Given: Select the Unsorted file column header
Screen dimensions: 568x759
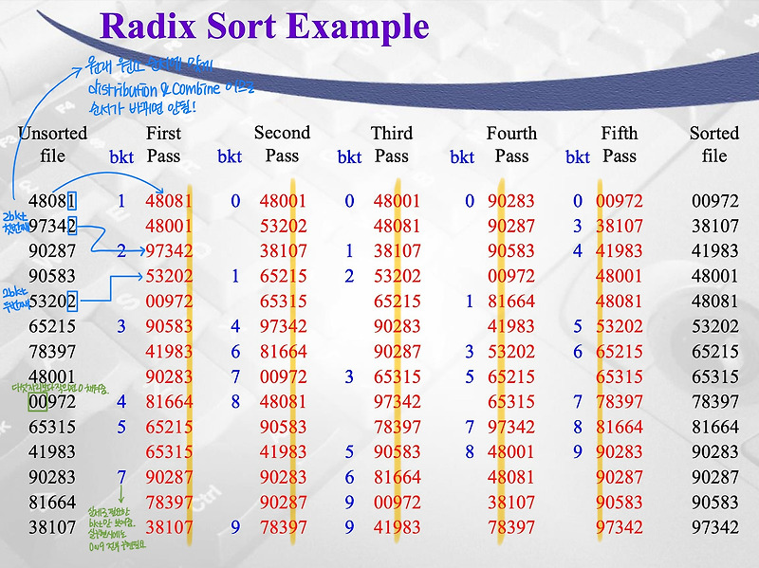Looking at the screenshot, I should pos(52,144).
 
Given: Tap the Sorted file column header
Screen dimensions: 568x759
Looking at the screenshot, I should pos(714,144).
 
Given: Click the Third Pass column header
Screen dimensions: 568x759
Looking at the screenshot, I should pos(392,144).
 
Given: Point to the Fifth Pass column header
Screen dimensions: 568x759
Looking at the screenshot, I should pos(620,144).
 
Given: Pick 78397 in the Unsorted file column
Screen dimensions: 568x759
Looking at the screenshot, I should pos(52,351).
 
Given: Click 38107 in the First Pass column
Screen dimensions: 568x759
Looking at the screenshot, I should pos(169,526).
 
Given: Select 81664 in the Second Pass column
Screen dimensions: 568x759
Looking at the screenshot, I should pos(283,351).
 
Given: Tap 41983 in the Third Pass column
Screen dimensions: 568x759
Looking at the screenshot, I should pos(397,526).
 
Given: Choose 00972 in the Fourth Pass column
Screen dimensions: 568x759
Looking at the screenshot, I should pos(511,276).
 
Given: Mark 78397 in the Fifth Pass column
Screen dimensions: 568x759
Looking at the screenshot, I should pos(620,401).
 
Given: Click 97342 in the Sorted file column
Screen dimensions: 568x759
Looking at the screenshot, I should pos(715,526).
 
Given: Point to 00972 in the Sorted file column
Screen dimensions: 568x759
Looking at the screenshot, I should pos(715,201).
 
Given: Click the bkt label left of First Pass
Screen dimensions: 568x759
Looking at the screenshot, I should pos(121,157).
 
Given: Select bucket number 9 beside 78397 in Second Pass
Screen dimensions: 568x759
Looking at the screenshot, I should pos(234,526).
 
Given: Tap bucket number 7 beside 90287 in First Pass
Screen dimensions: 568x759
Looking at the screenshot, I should pos(121,476).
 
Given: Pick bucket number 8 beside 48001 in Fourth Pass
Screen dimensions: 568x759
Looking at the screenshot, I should pos(469,451).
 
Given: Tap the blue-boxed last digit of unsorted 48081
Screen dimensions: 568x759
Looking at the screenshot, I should pos(72,201).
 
